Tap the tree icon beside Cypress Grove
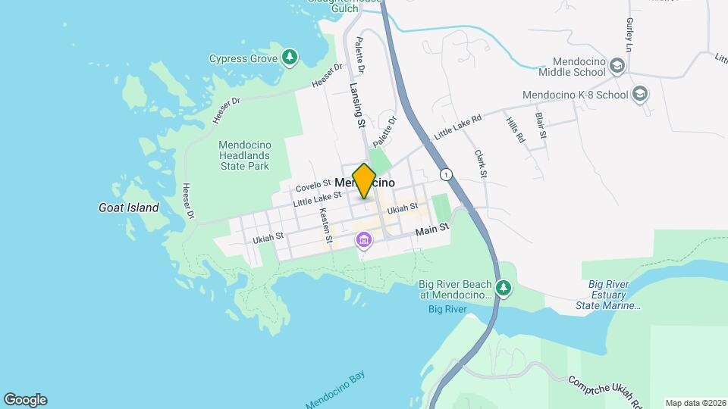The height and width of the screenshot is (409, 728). pyautogui.click(x=289, y=58)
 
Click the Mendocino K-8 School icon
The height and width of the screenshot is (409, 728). pyautogui.click(x=640, y=95)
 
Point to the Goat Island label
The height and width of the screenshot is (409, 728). pyautogui.click(x=129, y=208)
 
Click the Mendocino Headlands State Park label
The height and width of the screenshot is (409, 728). pyautogui.click(x=243, y=155)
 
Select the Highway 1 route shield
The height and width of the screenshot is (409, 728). pyautogui.click(x=447, y=173)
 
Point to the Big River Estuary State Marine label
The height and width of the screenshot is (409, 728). pyautogui.click(x=615, y=295)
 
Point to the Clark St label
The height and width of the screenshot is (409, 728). pyautogui.click(x=480, y=164)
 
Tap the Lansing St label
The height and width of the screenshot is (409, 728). pyautogui.click(x=357, y=106)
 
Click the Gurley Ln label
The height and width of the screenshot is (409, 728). pyautogui.click(x=629, y=35)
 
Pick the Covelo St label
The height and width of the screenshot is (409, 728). pyautogui.click(x=313, y=184)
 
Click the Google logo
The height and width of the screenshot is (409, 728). pyautogui.click(x=25, y=400)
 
